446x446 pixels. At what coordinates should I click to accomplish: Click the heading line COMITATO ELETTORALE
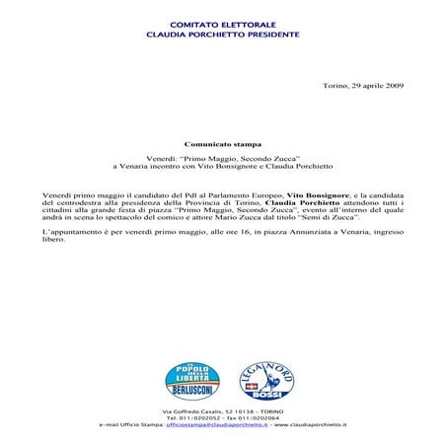222,23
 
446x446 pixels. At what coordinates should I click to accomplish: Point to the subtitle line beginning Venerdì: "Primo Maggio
222,157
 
